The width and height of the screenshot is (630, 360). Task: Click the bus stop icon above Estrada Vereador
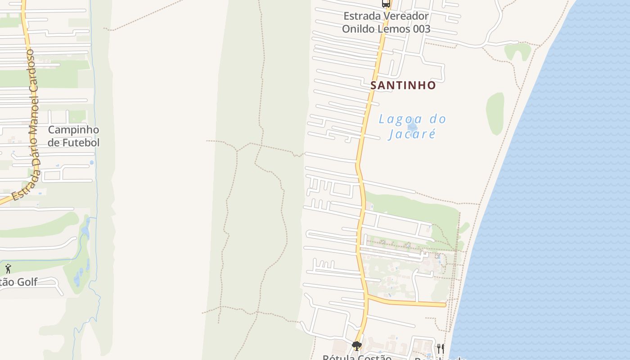(x=386, y=4)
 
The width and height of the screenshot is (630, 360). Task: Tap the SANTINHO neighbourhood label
(x=403, y=85)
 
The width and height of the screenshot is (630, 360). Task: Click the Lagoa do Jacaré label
(x=412, y=126)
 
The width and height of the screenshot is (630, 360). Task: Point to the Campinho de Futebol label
(x=73, y=136)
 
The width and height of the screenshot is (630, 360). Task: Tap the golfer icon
(x=8, y=269)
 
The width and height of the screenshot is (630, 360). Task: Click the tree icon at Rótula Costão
(x=356, y=346)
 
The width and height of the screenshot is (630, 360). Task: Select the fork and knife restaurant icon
(x=440, y=348)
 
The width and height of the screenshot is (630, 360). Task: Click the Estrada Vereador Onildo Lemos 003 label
(x=386, y=22)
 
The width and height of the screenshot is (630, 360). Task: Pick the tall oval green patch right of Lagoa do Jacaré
(x=495, y=114)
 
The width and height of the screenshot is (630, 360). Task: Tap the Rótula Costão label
(x=357, y=357)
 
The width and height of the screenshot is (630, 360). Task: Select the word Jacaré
(x=412, y=134)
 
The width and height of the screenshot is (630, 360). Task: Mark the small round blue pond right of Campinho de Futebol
(x=92, y=162)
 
